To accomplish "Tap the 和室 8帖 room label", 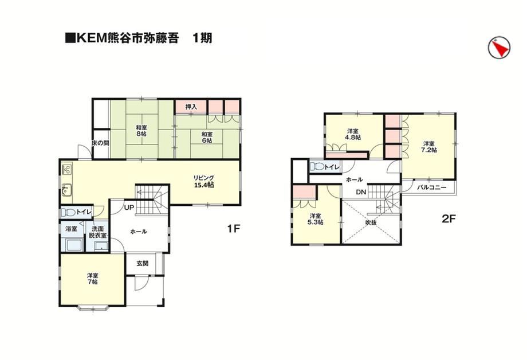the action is (x=141, y=131).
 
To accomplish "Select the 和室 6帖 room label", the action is (x=207, y=137).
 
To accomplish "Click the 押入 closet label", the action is (x=191, y=107).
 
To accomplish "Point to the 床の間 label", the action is (x=100, y=143).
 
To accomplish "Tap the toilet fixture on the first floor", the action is (x=69, y=213).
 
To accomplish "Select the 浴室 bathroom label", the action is (x=71, y=229).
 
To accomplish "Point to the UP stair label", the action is (x=129, y=208).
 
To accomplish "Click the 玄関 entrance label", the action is (x=143, y=264).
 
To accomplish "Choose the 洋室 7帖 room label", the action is (x=92, y=278).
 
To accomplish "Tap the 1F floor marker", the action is (x=233, y=229).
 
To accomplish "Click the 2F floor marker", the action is (x=449, y=219).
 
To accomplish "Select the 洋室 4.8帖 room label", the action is (x=353, y=134).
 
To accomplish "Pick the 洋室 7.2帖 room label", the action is (x=429, y=147).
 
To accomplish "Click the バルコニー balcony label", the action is (x=431, y=187).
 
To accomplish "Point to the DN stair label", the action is (x=361, y=193).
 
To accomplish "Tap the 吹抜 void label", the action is (x=371, y=222).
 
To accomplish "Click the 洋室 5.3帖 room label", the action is (x=316, y=219).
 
